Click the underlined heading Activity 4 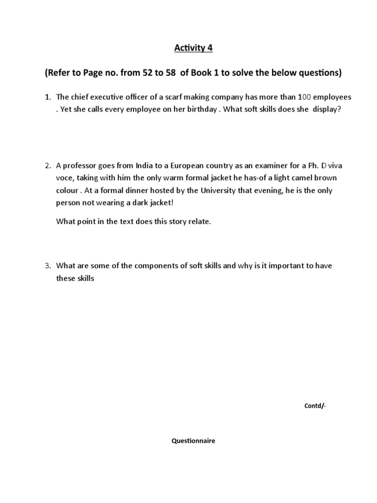tap(189, 49)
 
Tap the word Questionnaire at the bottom tap(193, 441)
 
